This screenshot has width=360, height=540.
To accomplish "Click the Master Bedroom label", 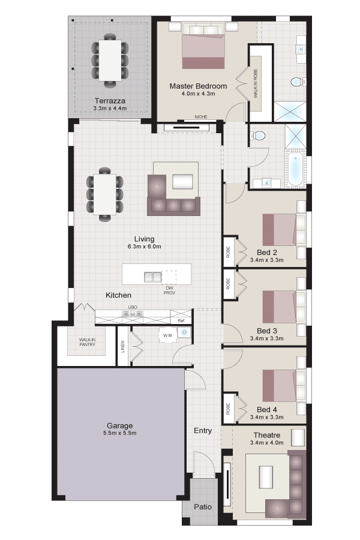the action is [x=198, y=86].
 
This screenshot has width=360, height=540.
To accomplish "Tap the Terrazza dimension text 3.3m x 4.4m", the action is [x=110, y=109].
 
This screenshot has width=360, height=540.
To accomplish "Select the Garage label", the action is [x=119, y=425].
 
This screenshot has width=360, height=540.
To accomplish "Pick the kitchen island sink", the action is [x=152, y=277].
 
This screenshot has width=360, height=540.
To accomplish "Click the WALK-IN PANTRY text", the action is [x=87, y=342].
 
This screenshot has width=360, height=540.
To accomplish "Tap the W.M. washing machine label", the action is [x=168, y=335].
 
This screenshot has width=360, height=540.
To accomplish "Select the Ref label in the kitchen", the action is [x=181, y=320].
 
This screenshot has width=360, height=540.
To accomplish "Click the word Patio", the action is [x=203, y=507].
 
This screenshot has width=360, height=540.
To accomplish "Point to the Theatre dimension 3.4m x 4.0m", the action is [x=266, y=443].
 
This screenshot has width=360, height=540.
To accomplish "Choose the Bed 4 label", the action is [x=266, y=410].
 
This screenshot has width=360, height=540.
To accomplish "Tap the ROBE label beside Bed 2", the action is [x=228, y=253].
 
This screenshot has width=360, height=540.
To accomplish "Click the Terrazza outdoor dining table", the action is [x=110, y=60].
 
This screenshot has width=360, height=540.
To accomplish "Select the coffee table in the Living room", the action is [x=182, y=182].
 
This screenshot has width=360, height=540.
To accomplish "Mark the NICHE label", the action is [x=201, y=117].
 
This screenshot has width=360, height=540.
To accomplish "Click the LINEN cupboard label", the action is [x=123, y=346].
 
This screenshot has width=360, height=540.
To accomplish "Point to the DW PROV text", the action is [x=169, y=290].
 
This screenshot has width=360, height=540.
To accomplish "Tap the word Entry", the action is [x=203, y=430].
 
